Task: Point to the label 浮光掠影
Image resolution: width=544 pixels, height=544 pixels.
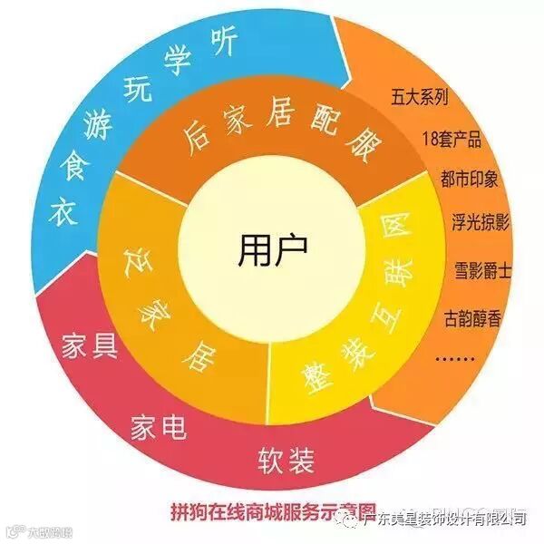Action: click(480, 220)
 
